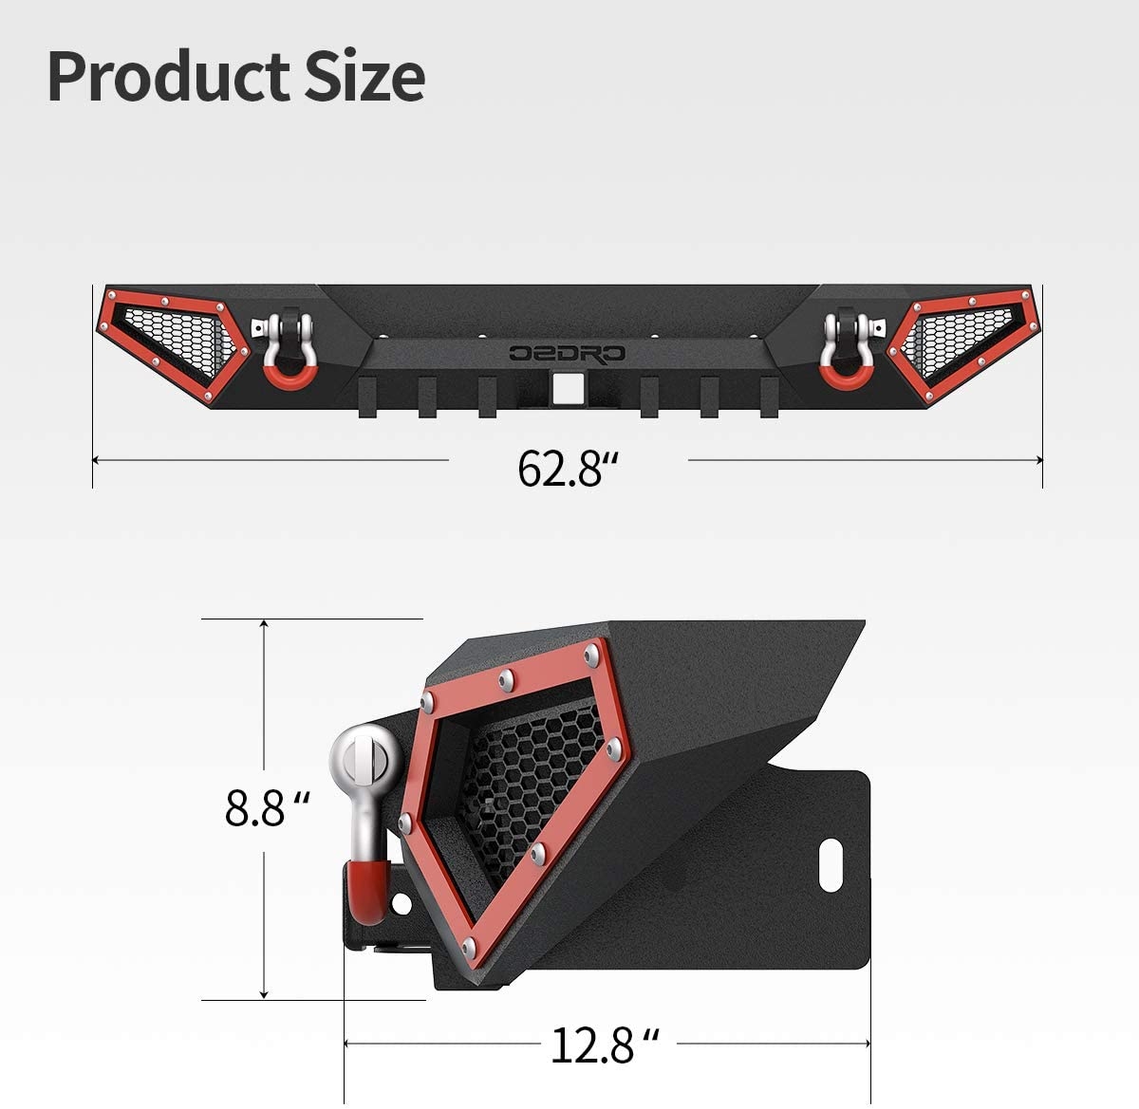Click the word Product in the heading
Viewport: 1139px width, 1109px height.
click(x=169, y=77)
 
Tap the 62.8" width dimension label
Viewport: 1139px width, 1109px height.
click(x=568, y=469)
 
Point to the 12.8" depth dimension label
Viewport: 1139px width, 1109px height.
click(x=605, y=1045)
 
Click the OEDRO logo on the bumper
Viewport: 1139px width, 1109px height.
click(x=567, y=353)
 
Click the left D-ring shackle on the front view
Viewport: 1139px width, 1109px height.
click(x=284, y=350)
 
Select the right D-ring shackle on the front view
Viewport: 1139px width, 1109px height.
click(x=848, y=350)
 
